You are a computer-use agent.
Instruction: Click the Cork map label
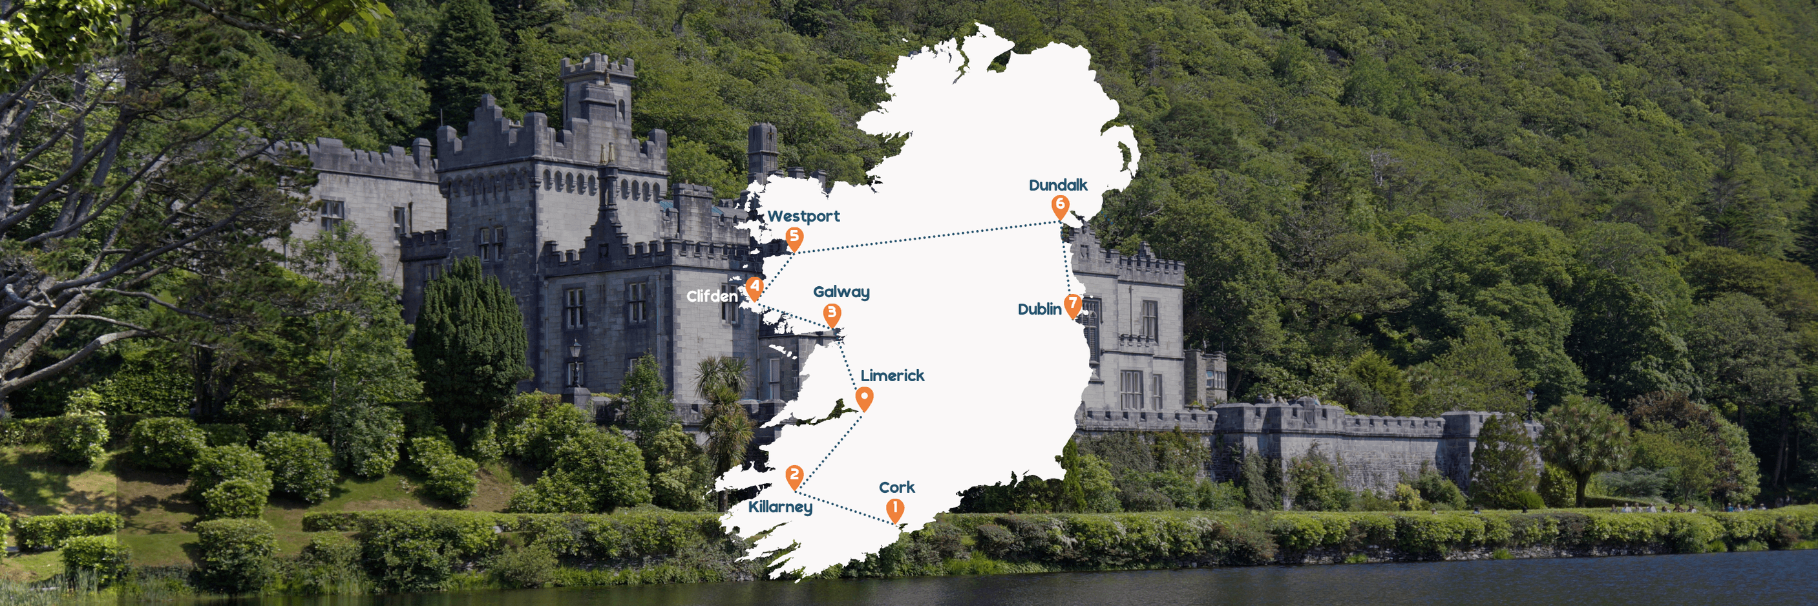coord(896,488)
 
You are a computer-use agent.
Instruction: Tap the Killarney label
coord(780,507)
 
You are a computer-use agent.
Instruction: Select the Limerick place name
coord(892,376)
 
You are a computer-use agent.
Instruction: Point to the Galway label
coord(841,292)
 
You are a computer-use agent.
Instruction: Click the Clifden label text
coord(712,297)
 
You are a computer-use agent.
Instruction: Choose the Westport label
coord(803,216)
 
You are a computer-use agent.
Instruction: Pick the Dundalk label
coord(1057,185)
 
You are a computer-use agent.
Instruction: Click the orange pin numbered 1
coord(895,509)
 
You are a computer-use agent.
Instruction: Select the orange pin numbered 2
coord(795,476)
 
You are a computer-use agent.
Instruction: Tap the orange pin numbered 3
coord(832,314)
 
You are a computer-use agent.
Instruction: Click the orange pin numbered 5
coord(795,238)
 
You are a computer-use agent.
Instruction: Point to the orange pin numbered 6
coord(1060,205)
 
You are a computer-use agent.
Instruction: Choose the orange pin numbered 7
coord(1073,305)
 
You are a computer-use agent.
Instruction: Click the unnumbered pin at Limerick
coord(864,398)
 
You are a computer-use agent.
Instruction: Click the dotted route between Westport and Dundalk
coord(925,238)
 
